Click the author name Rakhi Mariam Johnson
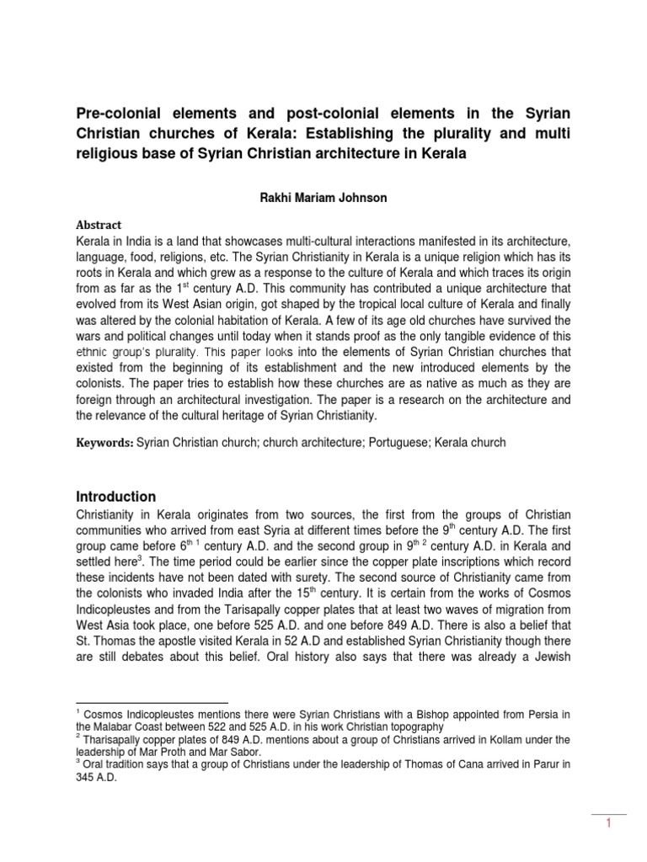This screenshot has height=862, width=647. point(323,198)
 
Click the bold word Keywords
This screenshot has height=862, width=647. point(104,443)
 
